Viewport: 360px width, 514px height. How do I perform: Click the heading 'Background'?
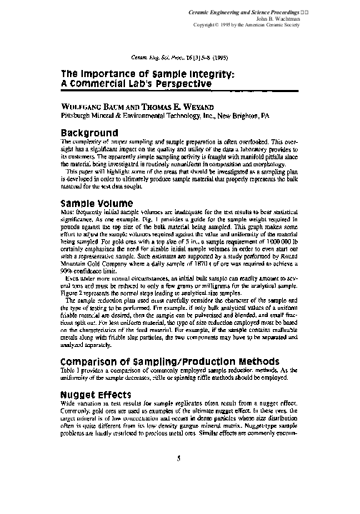point(89,133)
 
